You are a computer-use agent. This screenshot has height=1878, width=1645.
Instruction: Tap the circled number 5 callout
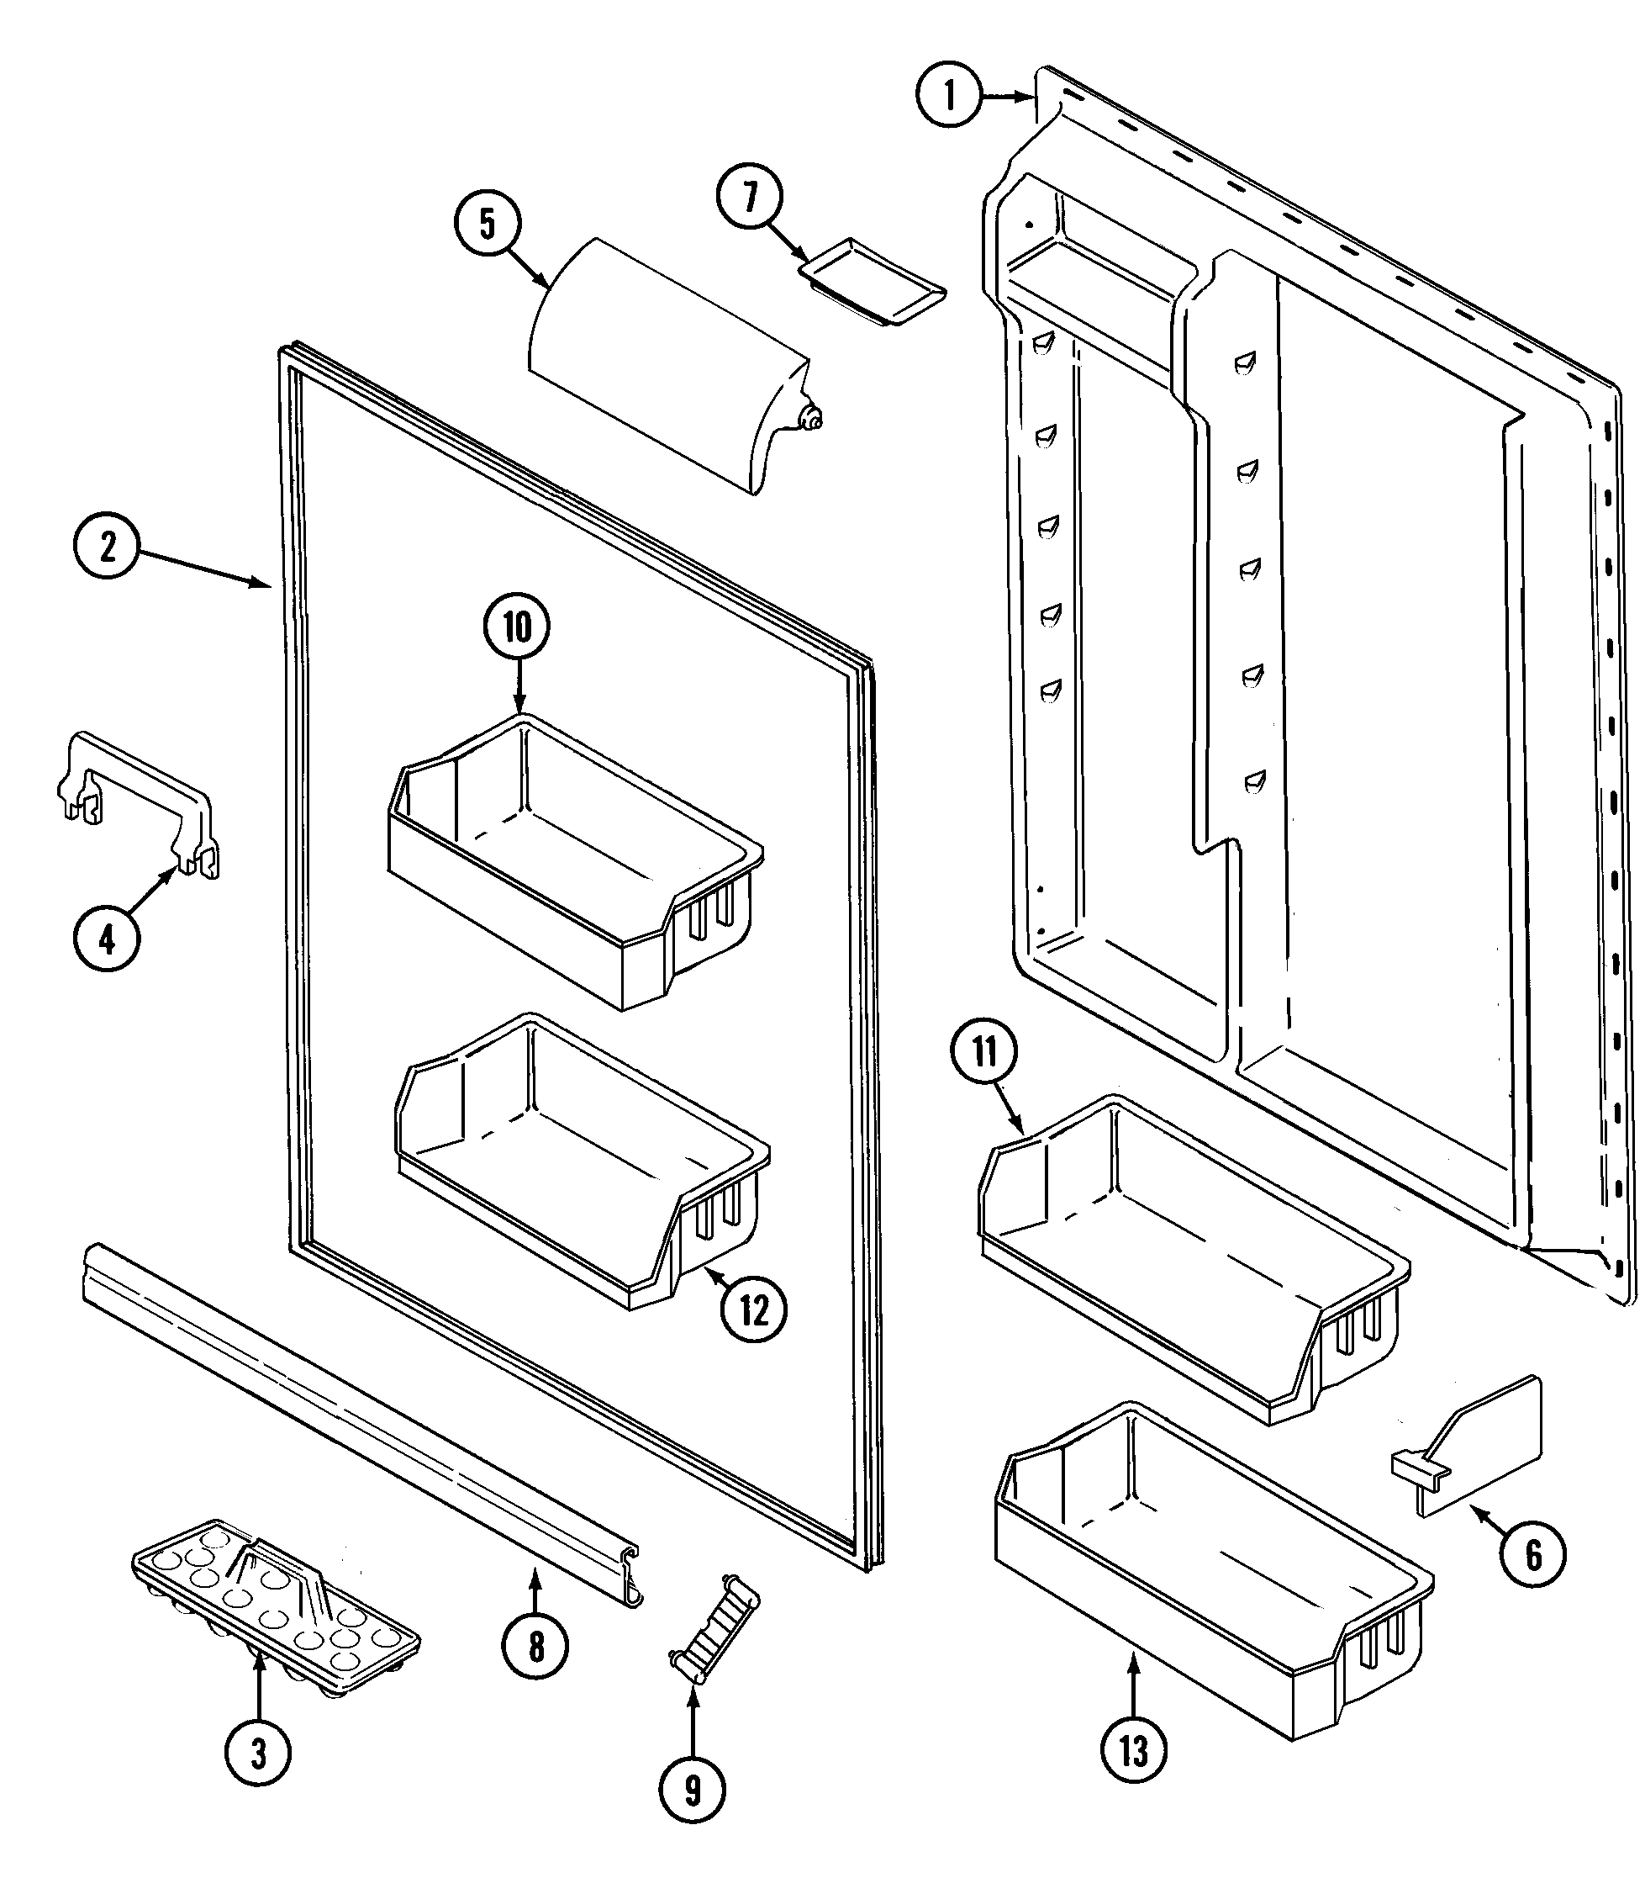click(488, 223)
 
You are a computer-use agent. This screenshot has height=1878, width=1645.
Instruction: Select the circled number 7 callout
click(750, 197)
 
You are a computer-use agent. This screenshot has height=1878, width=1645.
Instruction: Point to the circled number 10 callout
click(517, 628)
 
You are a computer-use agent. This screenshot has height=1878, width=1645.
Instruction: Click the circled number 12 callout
click(754, 1310)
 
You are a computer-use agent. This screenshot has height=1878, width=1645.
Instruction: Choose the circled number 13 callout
click(1134, 1751)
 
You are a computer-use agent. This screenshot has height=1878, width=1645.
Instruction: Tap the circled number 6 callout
click(1533, 1555)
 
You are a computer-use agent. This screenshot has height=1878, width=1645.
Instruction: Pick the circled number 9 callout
click(692, 1789)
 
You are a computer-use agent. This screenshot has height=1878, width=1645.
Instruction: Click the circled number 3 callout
click(258, 1753)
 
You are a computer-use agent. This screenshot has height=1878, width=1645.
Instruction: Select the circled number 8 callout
click(535, 1648)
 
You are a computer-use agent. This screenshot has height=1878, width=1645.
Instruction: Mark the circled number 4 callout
click(107, 939)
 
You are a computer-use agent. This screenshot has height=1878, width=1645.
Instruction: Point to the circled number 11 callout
click(985, 1051)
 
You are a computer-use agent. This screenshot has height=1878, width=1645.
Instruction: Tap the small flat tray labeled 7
click(872, 283)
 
